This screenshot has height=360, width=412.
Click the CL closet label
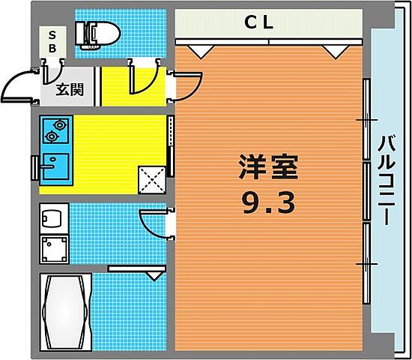click(x=261, y=22)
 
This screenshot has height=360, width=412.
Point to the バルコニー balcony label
click(x=387, y=178)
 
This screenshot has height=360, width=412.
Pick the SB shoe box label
click(x=52, y=41)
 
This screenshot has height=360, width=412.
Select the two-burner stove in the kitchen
click(x=52, y=130)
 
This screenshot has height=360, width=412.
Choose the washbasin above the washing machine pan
click(x=53, y=220)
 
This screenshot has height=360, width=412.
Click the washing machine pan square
click(x=54, y=250)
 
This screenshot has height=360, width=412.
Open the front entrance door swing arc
click(x=22, y=88)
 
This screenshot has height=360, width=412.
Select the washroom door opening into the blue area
click(x=154, y=222)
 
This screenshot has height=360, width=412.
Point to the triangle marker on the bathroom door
click(x=154, y=275)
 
